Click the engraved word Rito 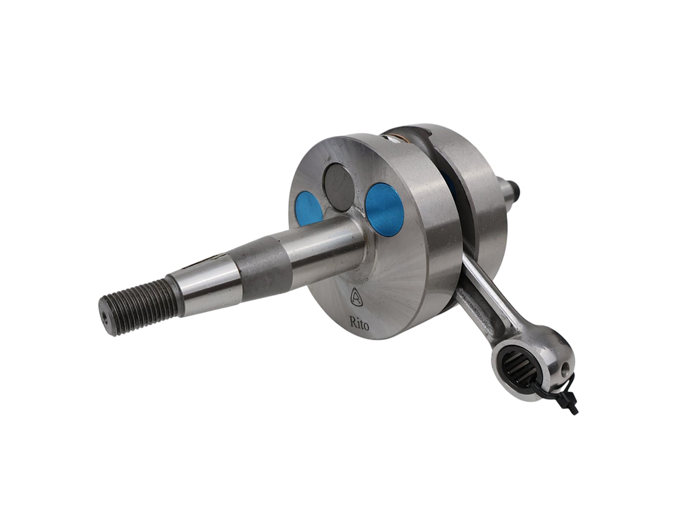pos(360,323)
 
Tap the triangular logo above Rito pos(357,298)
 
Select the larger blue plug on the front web pos(384,207)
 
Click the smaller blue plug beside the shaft pos(308,206)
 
